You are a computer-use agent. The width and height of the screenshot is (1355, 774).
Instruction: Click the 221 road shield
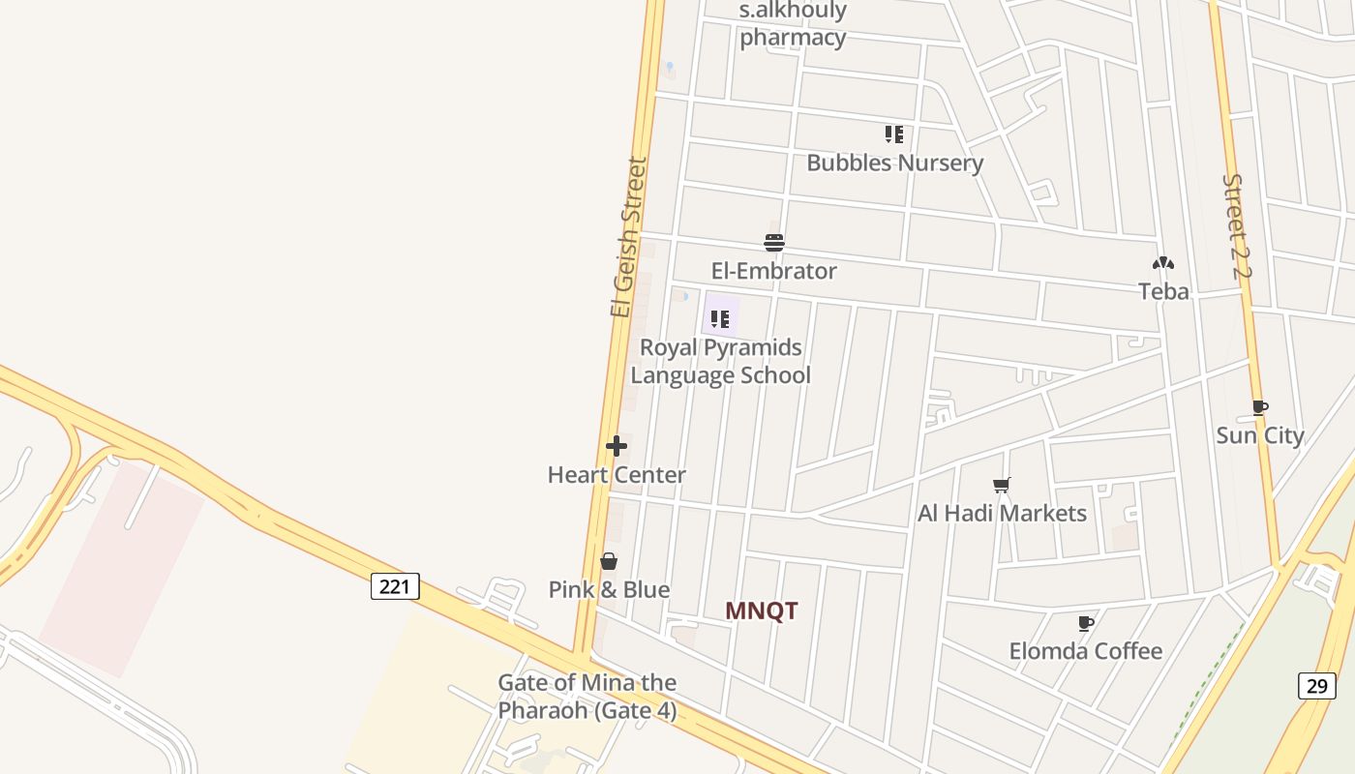tap(395, 585)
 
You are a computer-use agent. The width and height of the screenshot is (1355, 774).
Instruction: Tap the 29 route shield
tap(1316, 686)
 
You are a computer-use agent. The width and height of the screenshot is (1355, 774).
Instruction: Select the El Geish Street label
tap(628, 237)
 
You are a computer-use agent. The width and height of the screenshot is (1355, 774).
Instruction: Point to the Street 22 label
tap(1236, 226)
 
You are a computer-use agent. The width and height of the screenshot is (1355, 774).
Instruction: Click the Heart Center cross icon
tap(617, 446)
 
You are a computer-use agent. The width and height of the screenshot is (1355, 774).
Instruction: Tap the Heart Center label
tap(617, 475)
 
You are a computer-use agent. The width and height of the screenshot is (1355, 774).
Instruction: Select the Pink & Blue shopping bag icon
tap(609, 561)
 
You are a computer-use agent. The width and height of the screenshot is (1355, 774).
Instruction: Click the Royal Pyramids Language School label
tap(720, 361)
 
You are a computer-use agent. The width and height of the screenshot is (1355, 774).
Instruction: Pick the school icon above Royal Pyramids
tap(720, 318)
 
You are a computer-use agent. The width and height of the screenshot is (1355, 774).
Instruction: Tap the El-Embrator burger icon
tap(774, 242)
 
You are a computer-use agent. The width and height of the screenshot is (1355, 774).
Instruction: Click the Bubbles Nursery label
tap(894, 163)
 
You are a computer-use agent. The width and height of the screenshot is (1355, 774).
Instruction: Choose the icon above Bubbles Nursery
tap(894, 134)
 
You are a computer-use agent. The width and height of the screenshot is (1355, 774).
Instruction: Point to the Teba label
tap(1163, 291)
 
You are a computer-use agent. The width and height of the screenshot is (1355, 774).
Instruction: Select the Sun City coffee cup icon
tap(1259, 407)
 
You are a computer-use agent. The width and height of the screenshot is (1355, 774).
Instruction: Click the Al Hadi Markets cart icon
tap(1002, 485)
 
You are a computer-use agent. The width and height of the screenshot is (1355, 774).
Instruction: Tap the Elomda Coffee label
tap(1085, 651)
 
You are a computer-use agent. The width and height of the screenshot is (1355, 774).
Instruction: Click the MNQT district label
tap(762, 610)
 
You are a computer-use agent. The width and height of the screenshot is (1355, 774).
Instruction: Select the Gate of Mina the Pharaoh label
tap(587, 697)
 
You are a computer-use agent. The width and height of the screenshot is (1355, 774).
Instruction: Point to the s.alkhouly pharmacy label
tap(793, 24)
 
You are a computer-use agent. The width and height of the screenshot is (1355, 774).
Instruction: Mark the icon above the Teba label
tap(1163, 263)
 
